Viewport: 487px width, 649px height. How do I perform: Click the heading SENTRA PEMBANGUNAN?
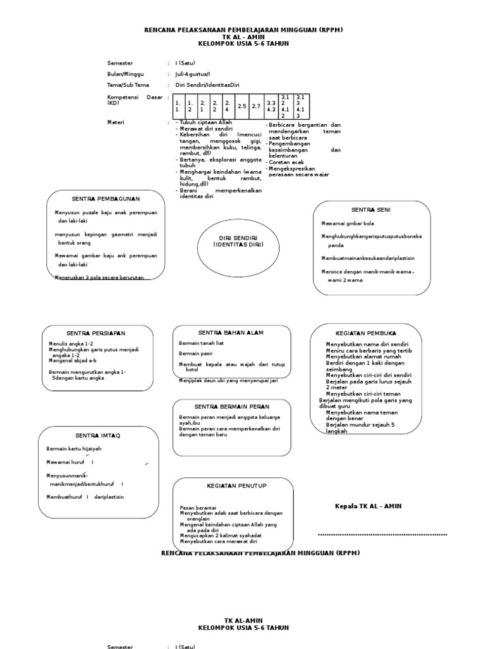click(105, 199)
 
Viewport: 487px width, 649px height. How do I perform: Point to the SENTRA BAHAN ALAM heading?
click(231, 333)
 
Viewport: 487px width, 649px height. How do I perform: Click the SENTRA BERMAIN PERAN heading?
click(231, 406)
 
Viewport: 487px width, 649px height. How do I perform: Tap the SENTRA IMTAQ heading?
click(98, 435)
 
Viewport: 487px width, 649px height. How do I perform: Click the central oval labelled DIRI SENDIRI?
click(238, 241)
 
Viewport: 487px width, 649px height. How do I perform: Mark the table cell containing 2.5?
click(242, 106)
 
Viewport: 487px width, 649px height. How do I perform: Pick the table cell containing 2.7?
click(256, 106)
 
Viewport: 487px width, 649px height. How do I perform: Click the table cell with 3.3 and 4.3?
click(271, 106)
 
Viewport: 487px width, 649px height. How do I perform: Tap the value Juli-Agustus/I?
click(193, 74)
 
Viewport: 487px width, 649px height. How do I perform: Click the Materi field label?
click(116, 122)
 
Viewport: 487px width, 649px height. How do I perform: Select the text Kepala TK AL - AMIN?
click(368, 506)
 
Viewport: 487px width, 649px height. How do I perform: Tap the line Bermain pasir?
click(196, 354)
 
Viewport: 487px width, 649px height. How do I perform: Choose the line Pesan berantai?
click(198, 508)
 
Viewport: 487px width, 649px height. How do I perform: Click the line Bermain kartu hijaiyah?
click(74, 449)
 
